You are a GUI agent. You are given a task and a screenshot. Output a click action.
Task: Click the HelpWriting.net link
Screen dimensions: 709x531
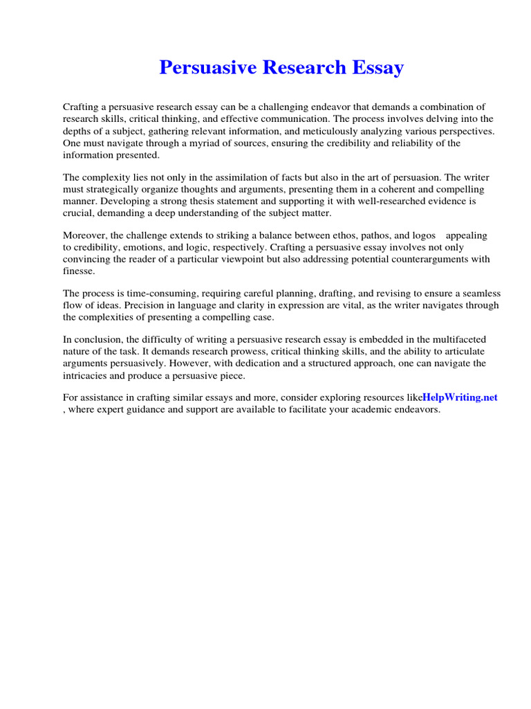tap(460, 397)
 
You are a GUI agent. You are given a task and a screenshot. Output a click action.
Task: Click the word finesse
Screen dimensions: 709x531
tap(78, 271)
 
